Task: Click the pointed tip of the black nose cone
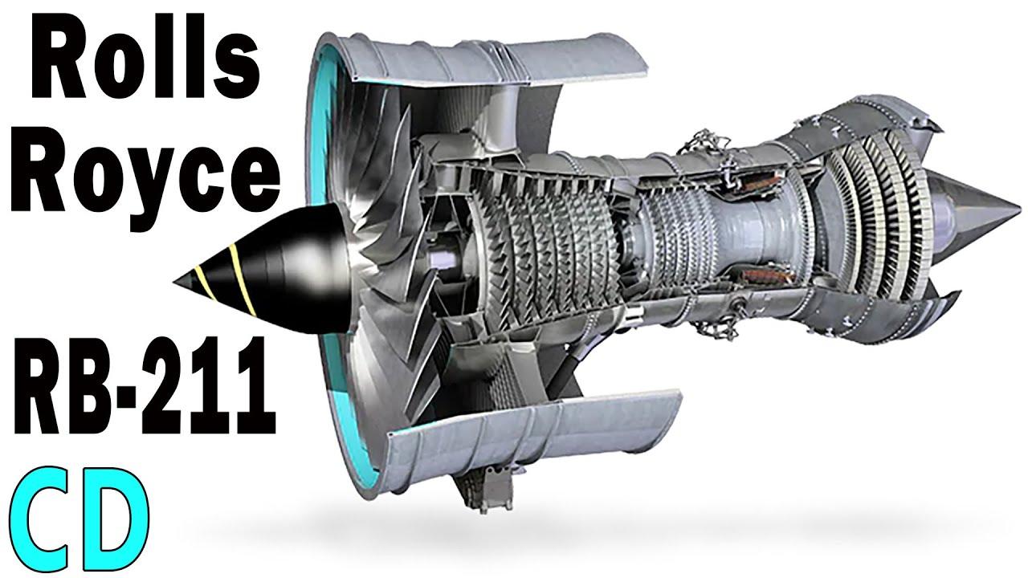pyautogui.click(x=174, y=281)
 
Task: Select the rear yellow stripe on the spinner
pyautogui.click(x=242, y=279)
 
